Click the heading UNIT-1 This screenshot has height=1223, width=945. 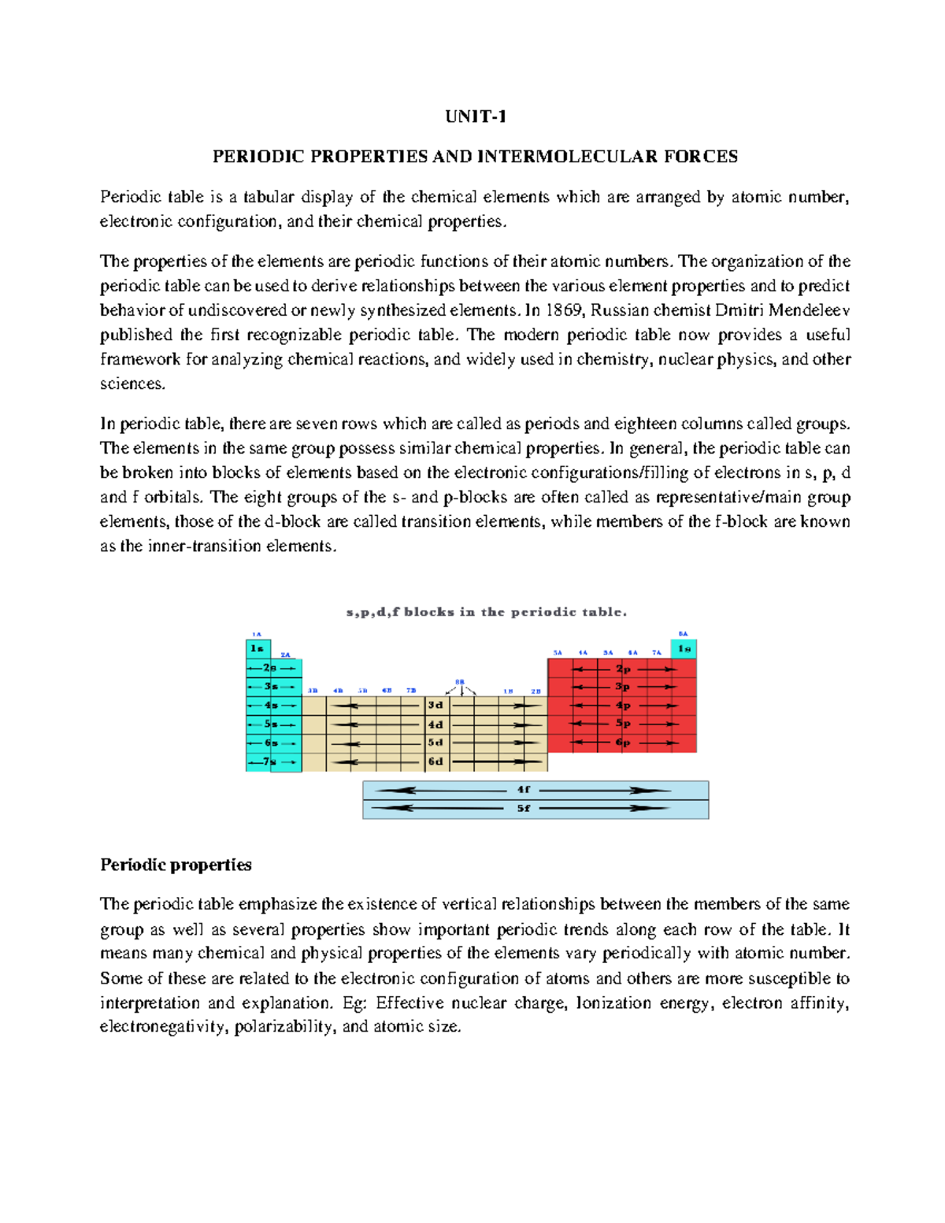pos(475,117)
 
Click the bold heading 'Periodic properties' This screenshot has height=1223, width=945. pos(176,865)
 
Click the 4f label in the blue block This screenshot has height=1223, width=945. pos(524,789)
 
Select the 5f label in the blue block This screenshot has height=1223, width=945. pos(524,808)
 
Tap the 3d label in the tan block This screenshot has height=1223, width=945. pos(435,705)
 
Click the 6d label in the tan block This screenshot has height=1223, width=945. pos(435,762)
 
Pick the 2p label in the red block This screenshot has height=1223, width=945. pos(623,669)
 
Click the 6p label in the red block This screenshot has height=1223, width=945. pos(623,743)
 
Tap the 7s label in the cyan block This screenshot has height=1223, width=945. pos(270,762)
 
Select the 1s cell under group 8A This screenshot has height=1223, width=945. pos(684,649)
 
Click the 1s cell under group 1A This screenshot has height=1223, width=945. pos(257,649)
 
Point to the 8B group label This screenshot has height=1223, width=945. pos(460,682)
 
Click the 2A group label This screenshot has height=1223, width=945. pos(286,654)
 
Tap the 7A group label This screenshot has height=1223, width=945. pos(656,653)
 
